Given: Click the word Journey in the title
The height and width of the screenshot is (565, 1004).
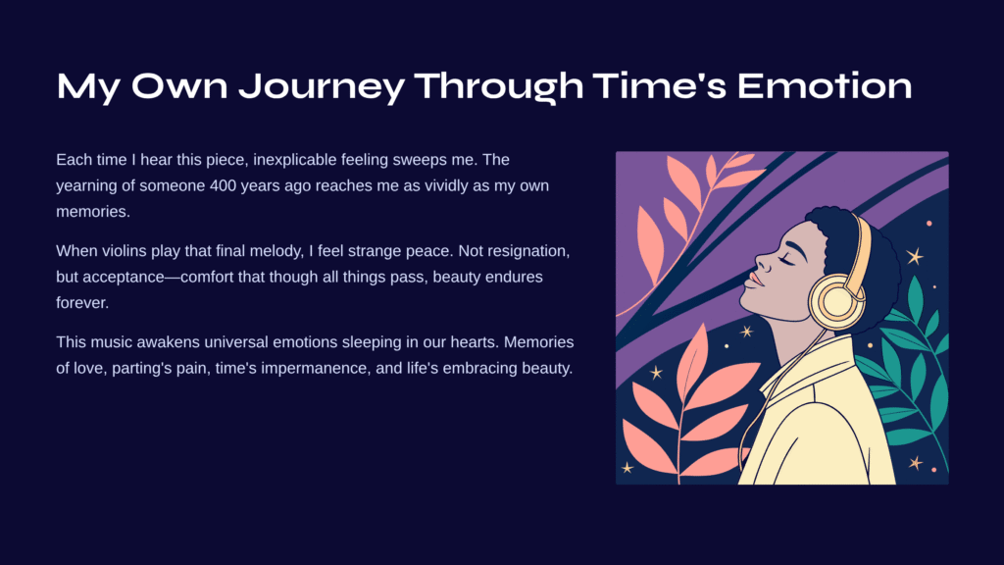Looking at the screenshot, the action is point(321,87).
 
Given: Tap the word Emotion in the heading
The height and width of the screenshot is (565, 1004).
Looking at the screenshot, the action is point(824,86).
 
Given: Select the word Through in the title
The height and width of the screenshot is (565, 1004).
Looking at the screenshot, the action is point(499,87).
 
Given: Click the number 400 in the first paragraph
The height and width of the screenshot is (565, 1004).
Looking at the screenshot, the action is point(223,185).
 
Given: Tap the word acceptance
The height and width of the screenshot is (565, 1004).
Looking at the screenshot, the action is point(123,278).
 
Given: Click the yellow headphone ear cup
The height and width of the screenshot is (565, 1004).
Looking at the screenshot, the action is point(836,300).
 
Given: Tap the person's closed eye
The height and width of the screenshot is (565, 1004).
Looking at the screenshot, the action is point(787,259).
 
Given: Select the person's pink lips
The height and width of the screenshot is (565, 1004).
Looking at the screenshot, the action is point(756,280).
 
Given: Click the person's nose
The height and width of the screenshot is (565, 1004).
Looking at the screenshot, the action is point(762,261).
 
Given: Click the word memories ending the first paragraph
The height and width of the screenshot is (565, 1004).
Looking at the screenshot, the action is point(92,212).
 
